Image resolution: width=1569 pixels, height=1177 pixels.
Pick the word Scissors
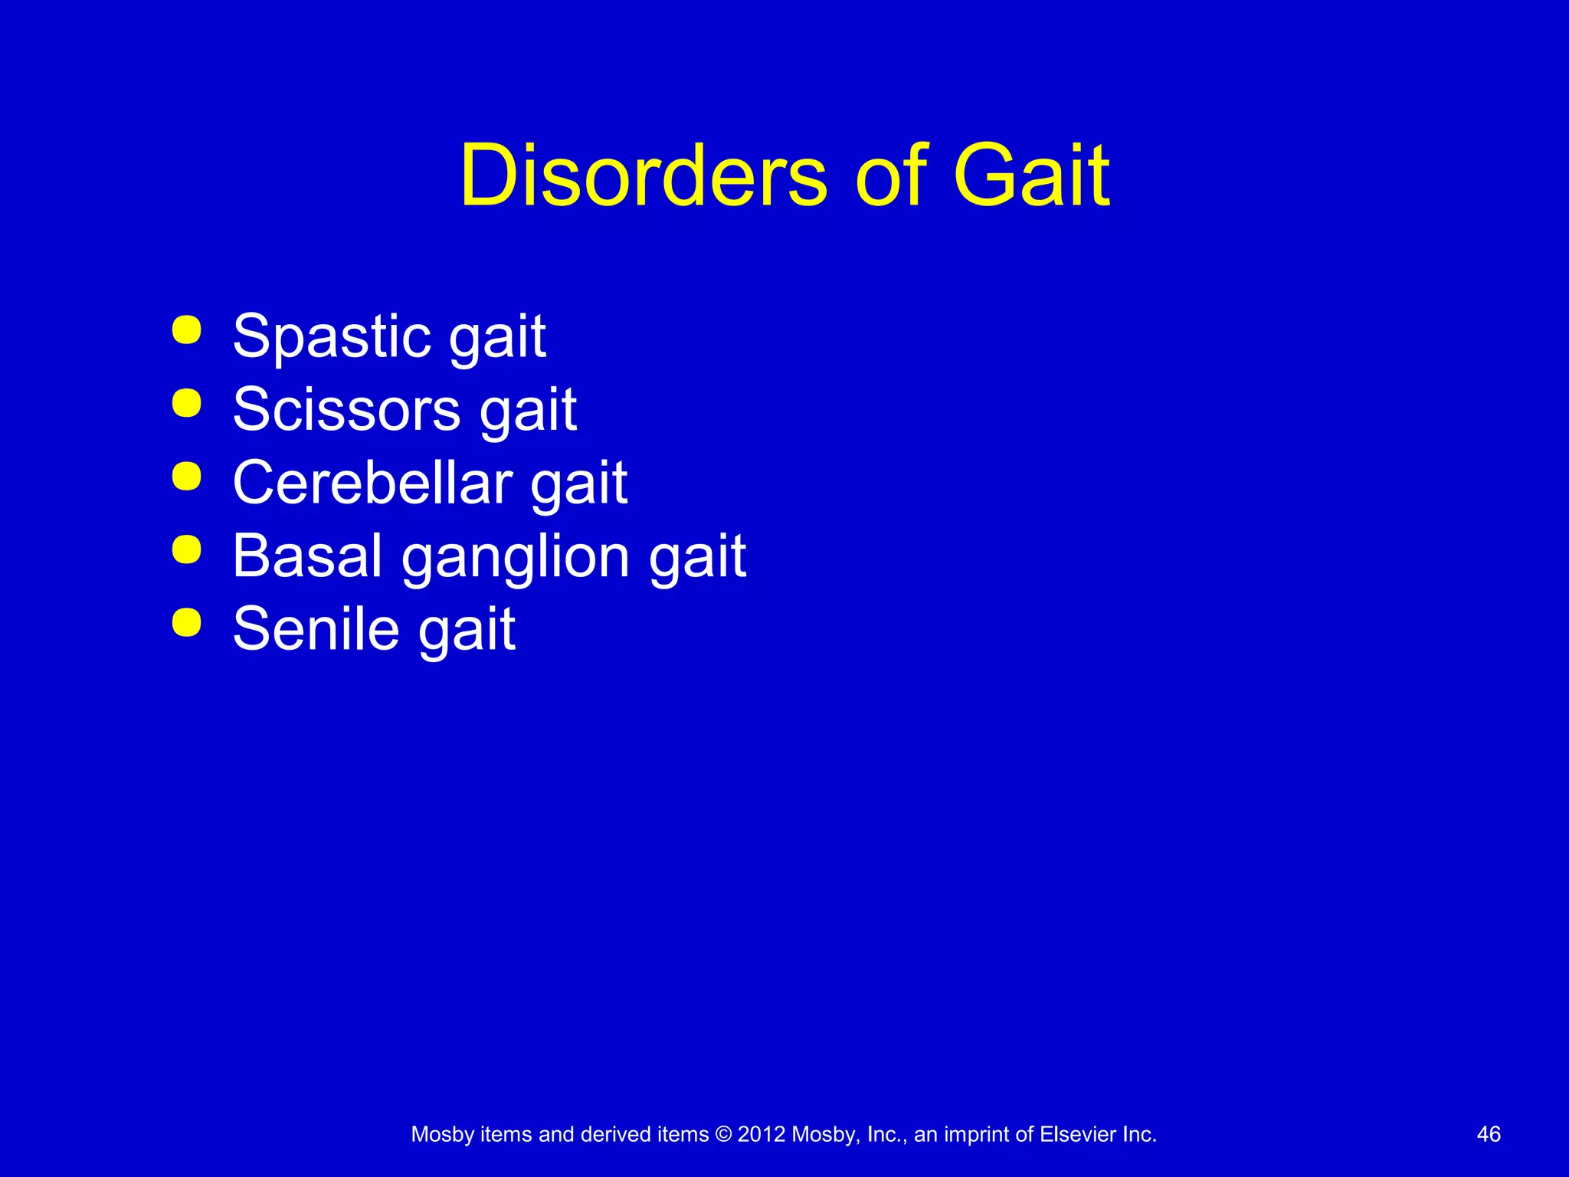pyautogui.click(x=346, y=409)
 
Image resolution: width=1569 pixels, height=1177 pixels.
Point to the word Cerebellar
pyautogui.click(x=372, y=483)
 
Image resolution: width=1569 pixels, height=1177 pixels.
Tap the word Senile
pyautogui.click(x=316, y=629)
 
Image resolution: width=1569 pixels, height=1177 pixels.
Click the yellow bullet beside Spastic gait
pyautogui.click(x=187, y=330)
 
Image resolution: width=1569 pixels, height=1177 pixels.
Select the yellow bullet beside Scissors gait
pyautogui.click(x=187, y=403)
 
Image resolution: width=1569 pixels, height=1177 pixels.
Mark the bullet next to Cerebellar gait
pyautogui.click(x=187, y=476)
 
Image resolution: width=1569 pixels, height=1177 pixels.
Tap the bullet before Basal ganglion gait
pyautogui.click(x=187, y=549)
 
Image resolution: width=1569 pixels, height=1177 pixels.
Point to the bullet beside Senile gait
pyautogui.click(x=187, y=622)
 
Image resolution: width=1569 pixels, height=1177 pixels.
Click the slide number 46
pyautogui.click(x=1489, y=1134)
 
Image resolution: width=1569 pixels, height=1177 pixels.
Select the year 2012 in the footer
pyautogui.click(x=762, y=1134)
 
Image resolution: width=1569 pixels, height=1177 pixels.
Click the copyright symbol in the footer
pyautogui.click(x=722, y=1134)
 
